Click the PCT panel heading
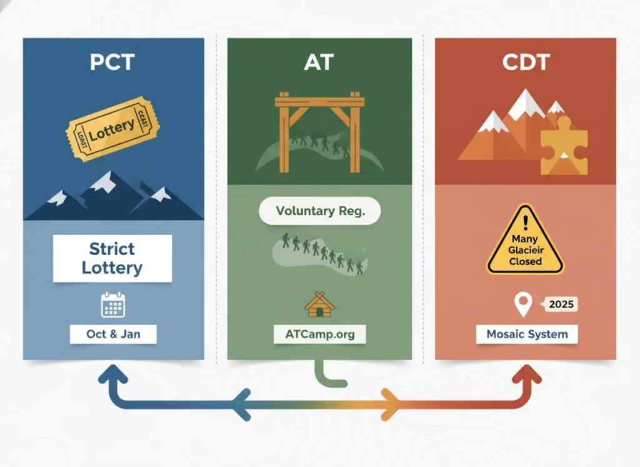pyautogui.click(x=112, y=63)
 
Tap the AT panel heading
pyautogui.click(x=319, y=63)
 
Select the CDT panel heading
pyautogui.click(x=525, y=63)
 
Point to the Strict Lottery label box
pyautogui.click(x=112, y=258)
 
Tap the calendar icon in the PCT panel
pyautogui.click(x=113, y=304)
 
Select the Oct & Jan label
pyautogui.click(x=113, y=334)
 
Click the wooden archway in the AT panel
pyautogui.click(x=319, y=128)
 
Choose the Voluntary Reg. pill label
pyautogui.click(x=320, y=211)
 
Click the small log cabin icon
pyautogui.click(x=319, y=304)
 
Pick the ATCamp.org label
pyautogui.click(x=319, y=334)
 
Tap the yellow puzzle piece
pyautogui.click(x=564, y=147)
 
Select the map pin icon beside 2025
pyautogui.click(x=522, y=305)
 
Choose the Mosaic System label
pyautogui.click(x=527, y=334)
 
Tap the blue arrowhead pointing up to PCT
pyautogui.click(x=113, y=374)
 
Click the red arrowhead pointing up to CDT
pyautogui.click(x=526, y=374)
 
